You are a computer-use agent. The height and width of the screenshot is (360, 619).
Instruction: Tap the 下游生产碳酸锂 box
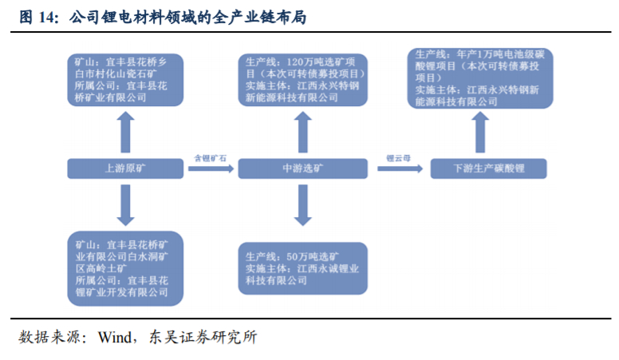coord(487,168)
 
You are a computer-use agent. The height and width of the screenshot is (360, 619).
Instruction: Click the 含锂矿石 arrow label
coord(211,159)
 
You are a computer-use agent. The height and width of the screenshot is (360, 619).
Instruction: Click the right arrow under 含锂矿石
coord(211,170)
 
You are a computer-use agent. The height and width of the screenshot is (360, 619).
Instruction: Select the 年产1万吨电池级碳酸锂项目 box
coord(479,77)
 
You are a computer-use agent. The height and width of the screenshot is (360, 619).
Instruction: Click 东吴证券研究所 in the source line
coord(201,337)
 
